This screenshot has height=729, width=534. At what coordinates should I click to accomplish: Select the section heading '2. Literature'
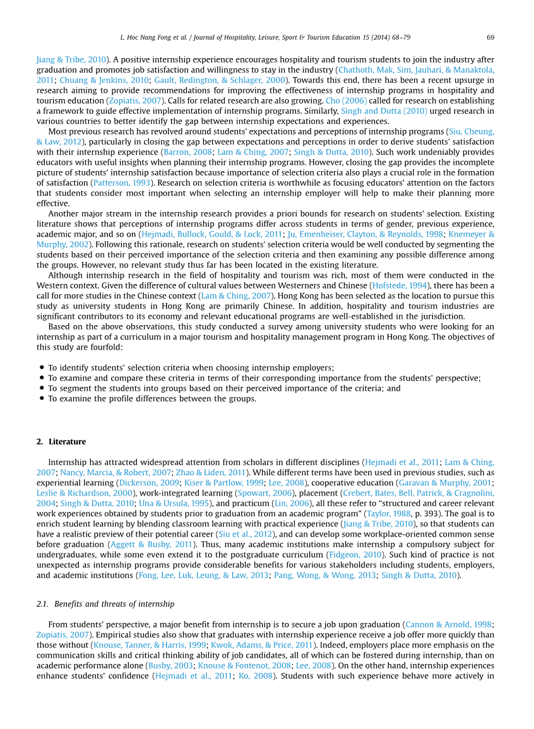pos(61,441)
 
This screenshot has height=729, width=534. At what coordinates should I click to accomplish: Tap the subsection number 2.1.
pos(42,604)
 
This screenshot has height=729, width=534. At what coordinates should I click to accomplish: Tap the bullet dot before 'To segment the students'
pos(42,388)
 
